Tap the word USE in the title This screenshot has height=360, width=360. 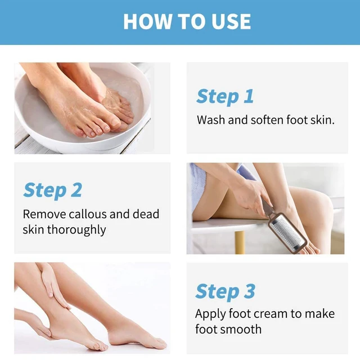click(x=231, y=21)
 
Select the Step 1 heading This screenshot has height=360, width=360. click(x=225, y=96)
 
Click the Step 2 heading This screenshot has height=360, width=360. click(x=52, y=190)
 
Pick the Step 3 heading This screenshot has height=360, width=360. click(x=225, y=291)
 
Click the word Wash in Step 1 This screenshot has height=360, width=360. click(x=211, y=120)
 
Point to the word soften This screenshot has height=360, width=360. click(x=267, y=120)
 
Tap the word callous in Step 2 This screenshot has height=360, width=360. click(x=88, y=214)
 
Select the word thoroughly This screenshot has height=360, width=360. click(x=76, y=230)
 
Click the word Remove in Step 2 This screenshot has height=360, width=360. click(x=44, y=214)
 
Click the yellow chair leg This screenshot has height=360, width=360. click(x=240, y=242)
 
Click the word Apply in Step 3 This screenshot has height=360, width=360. click(x=210, y=314)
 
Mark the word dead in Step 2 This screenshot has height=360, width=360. click(x=146, y=214)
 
